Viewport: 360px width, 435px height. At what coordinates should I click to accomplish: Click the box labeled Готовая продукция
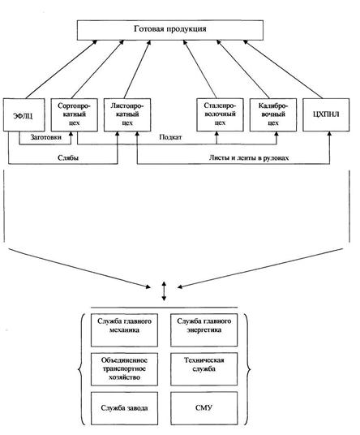pos(170,30)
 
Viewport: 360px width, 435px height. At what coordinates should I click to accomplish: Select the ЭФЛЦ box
pos(24,114)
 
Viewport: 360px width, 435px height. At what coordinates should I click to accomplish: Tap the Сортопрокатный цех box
pos(75,114)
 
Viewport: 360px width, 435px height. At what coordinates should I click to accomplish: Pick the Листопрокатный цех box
pos(127,114)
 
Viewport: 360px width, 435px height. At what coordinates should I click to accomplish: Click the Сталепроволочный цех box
pos(220,114)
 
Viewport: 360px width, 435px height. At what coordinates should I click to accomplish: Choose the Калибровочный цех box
pos(273,114)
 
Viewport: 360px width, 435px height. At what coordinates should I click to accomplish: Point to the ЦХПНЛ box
pos(326,114)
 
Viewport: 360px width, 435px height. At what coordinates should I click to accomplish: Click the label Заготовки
pos(46,137)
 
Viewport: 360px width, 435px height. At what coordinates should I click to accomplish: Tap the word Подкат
pos(170,137)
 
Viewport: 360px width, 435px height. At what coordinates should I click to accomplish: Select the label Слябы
pos(68,157)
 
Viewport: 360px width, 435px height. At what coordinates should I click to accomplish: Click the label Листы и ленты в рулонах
pos(249,158)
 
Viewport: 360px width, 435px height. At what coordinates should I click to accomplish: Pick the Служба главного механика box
pos(124,330)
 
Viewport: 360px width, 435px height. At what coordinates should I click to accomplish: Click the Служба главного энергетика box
pos(204,330)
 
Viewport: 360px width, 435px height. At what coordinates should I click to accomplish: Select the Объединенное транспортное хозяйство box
pos(124,369)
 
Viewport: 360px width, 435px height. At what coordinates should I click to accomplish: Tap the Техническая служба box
pos(204,369)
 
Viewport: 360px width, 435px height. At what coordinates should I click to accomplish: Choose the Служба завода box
pos(124,408)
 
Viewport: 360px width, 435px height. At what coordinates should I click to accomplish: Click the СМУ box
pos(204,408)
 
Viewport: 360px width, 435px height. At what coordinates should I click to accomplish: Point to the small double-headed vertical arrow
pos(164,291)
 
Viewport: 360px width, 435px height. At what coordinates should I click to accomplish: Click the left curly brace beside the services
pos(81,369)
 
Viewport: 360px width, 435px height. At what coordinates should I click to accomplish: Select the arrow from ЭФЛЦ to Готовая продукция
pos(62,69)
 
